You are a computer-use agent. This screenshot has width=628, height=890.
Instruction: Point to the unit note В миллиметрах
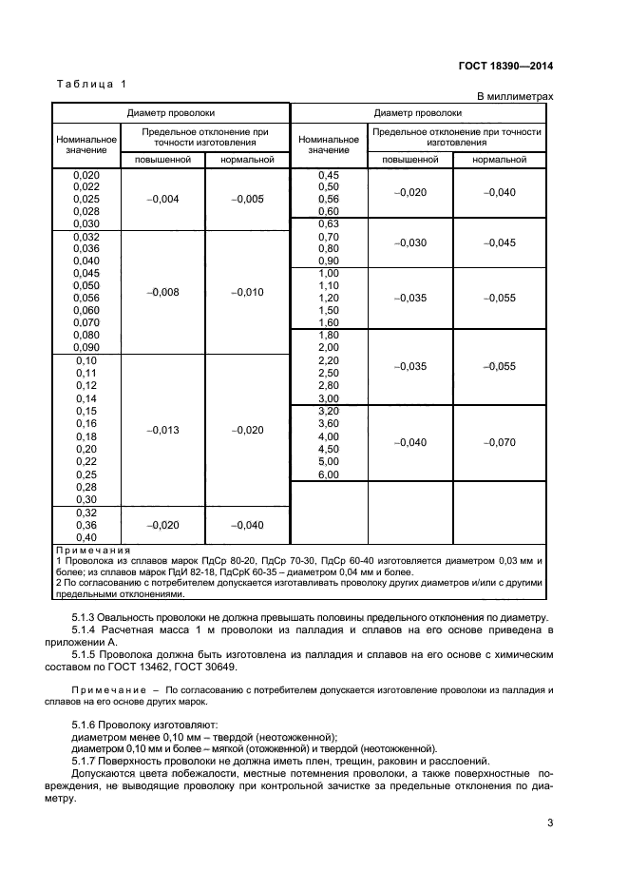tap(514, 97)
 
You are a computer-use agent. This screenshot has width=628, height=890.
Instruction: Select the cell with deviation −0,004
tap(163, 199)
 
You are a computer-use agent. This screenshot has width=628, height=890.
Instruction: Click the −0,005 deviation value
tap(247, 199)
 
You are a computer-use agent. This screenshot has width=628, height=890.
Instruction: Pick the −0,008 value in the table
tap(163, 292)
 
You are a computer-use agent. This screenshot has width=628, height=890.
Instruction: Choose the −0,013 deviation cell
tap(163, 430)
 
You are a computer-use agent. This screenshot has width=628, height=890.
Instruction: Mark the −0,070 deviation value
tap(499, 442)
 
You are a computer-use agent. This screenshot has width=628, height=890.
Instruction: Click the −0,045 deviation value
tap(499, 242)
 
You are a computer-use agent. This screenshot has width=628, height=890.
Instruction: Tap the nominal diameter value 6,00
tap(328, 474)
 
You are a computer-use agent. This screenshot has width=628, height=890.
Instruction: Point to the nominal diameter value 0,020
tap(86, 175)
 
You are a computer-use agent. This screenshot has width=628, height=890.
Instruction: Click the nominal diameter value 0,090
tap(86, 347)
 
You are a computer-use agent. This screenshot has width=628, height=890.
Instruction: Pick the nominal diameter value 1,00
tap(328, 273)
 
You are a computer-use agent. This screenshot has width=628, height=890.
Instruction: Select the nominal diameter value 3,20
tap(328, 411)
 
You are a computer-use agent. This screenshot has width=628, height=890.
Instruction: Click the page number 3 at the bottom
tap(550, 822)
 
